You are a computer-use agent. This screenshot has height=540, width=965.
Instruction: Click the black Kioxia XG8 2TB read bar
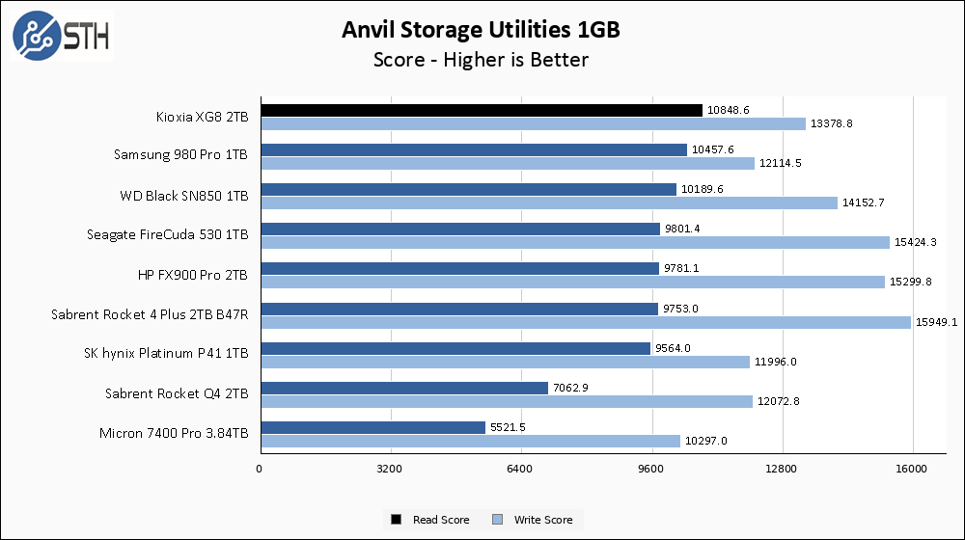coord(481,110)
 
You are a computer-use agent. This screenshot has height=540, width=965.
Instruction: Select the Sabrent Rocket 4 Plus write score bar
coord(585,322)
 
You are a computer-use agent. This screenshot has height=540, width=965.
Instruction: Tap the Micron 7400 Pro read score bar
coord(372,427)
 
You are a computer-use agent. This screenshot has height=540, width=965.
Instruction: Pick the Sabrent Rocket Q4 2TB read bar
coord(403,388)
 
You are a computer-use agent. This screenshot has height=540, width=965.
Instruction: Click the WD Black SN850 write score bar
coord(548,202)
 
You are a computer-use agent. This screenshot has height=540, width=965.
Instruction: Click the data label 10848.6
coord(729,111)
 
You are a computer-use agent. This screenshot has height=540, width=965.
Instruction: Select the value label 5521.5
coord(509,427)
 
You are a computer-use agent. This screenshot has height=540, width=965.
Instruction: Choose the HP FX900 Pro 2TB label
coord(193,276)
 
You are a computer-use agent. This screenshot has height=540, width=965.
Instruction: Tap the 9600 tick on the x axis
coord(651,470)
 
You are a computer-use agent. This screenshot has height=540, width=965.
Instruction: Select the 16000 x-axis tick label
coord(912,470)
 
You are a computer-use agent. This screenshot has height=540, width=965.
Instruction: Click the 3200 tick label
coord(390,470)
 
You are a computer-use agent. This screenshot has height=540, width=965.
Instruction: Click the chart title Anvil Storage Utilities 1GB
coord(481,30)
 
